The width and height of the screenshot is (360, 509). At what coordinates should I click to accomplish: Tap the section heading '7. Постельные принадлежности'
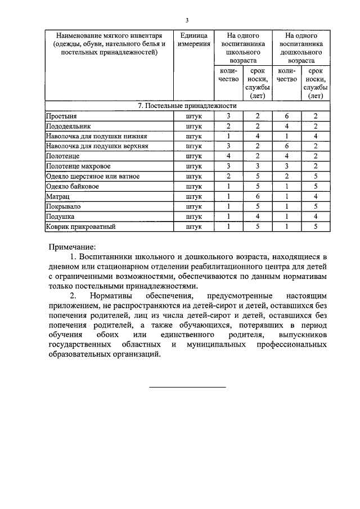tap(187, 106)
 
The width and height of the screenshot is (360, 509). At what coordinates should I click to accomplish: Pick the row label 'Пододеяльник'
tap(68, 126)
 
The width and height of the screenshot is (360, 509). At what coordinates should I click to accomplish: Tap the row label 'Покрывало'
tap(63, 207)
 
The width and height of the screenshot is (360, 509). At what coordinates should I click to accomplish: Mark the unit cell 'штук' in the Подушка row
tap(193, 217)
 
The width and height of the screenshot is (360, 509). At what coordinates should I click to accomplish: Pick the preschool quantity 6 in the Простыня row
tap(287, 116)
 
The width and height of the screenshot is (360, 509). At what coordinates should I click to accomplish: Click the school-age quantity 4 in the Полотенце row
tap(228, 156)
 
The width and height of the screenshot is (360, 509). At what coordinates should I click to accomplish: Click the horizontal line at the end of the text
tap(187, 387)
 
